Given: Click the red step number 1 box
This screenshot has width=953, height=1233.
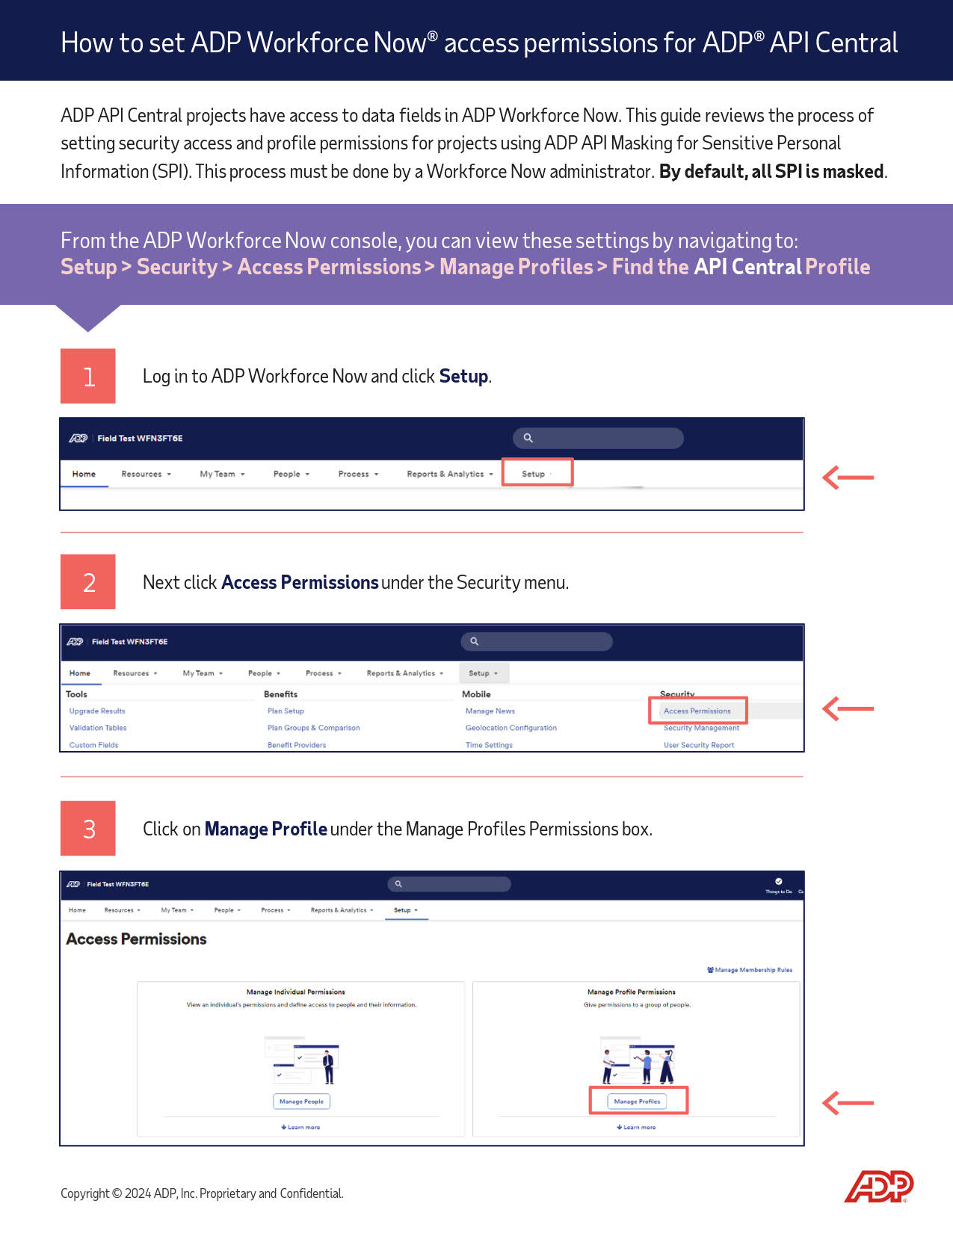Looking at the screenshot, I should click(x=88, y=376).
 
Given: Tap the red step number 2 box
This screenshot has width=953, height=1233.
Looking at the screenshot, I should click(x=88, y=581).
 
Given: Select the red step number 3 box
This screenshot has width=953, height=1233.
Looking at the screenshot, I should click(x=88, y=828).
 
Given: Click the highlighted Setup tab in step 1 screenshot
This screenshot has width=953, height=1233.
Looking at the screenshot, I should click(x=536, y=474).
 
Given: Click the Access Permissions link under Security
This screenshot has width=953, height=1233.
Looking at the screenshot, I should click(x=697, y=711).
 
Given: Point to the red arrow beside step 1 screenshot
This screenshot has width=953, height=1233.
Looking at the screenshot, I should click(x=848, y=477).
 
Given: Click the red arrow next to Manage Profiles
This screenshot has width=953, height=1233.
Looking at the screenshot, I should click(x=848, y=1102).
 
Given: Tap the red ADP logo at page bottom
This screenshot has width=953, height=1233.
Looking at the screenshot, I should click(x=879, y=1186).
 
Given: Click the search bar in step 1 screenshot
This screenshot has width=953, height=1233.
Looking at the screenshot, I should click(x=598, y=438).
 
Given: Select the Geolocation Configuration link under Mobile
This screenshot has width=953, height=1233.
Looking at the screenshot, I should click(x=511, y=728).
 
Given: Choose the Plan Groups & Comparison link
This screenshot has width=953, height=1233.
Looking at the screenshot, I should click(x=313, y=728).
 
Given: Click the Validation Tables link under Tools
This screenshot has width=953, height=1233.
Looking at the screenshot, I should click(x=98, y=728).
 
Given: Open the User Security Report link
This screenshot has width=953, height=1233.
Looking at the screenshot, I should click(x=698, y=745).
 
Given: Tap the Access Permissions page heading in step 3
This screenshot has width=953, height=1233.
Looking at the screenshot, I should click(x=136, y=939).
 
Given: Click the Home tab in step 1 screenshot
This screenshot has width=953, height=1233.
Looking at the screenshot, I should click(x=84, y=474).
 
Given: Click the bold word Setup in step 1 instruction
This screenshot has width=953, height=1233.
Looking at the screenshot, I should click(x=463, y=376).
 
